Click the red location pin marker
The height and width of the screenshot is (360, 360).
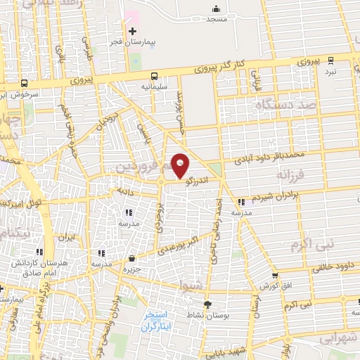[x=180, y=165]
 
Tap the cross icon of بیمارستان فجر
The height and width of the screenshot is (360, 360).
[x=132, y=30]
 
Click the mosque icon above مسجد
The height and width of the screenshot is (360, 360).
[x=215, y=9]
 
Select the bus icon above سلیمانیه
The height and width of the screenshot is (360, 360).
[x=153, y=75]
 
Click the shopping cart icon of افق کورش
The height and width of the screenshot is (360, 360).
[x=275, y=275]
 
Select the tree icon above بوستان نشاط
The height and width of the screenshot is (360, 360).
[x=207, y=304]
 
